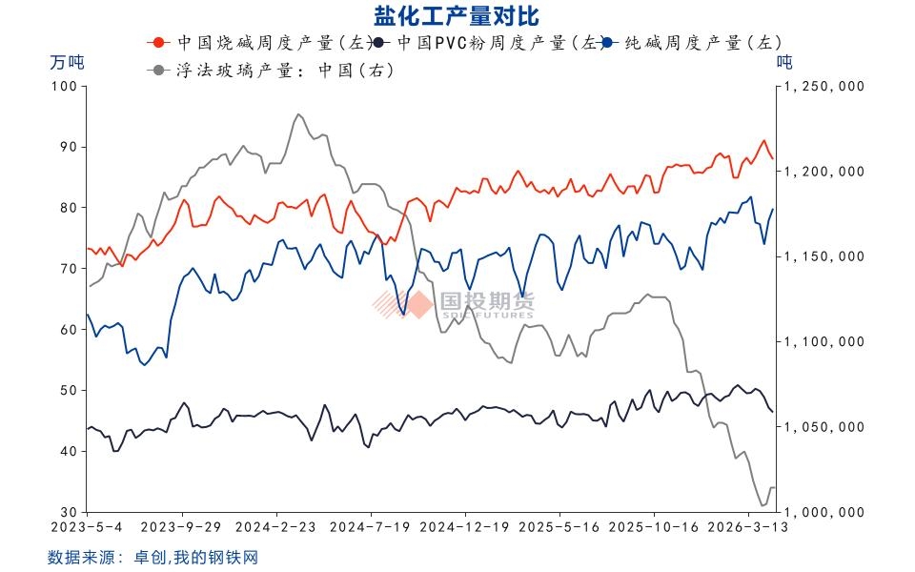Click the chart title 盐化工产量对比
(457, 15)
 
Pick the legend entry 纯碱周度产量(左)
(701, 43)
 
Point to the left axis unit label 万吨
(67, 64)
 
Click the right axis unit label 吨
(784, 64)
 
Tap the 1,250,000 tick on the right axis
(823, 86)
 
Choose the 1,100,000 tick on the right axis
(823, 341)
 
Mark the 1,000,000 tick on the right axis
(823, 513)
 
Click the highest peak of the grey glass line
(297, 114)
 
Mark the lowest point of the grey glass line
(762, 505)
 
